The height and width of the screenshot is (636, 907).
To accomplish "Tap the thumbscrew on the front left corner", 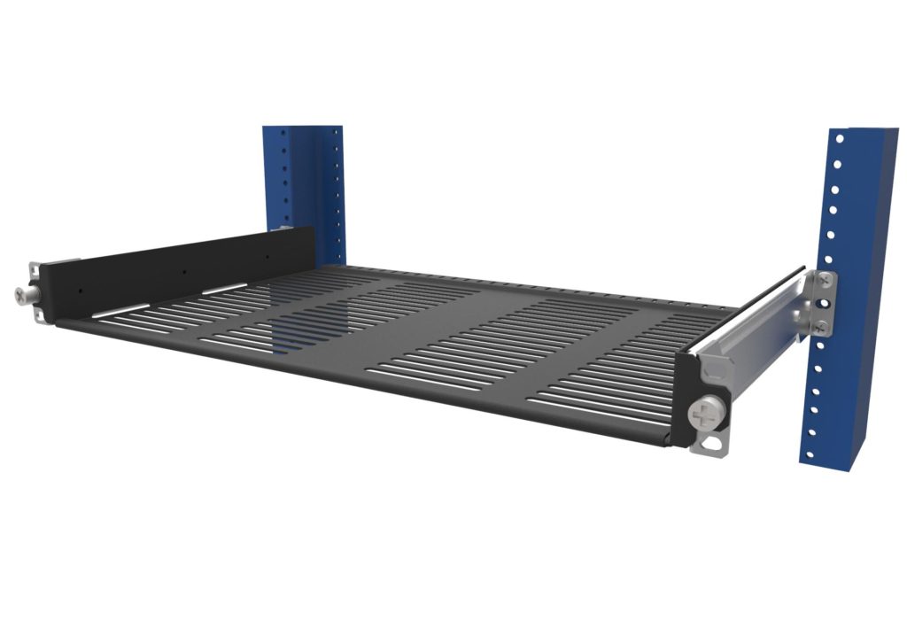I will (x=22, y=295).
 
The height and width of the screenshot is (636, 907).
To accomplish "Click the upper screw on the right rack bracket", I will (x=825, y=280).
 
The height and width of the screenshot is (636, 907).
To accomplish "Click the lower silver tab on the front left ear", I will (x=38, y=314).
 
